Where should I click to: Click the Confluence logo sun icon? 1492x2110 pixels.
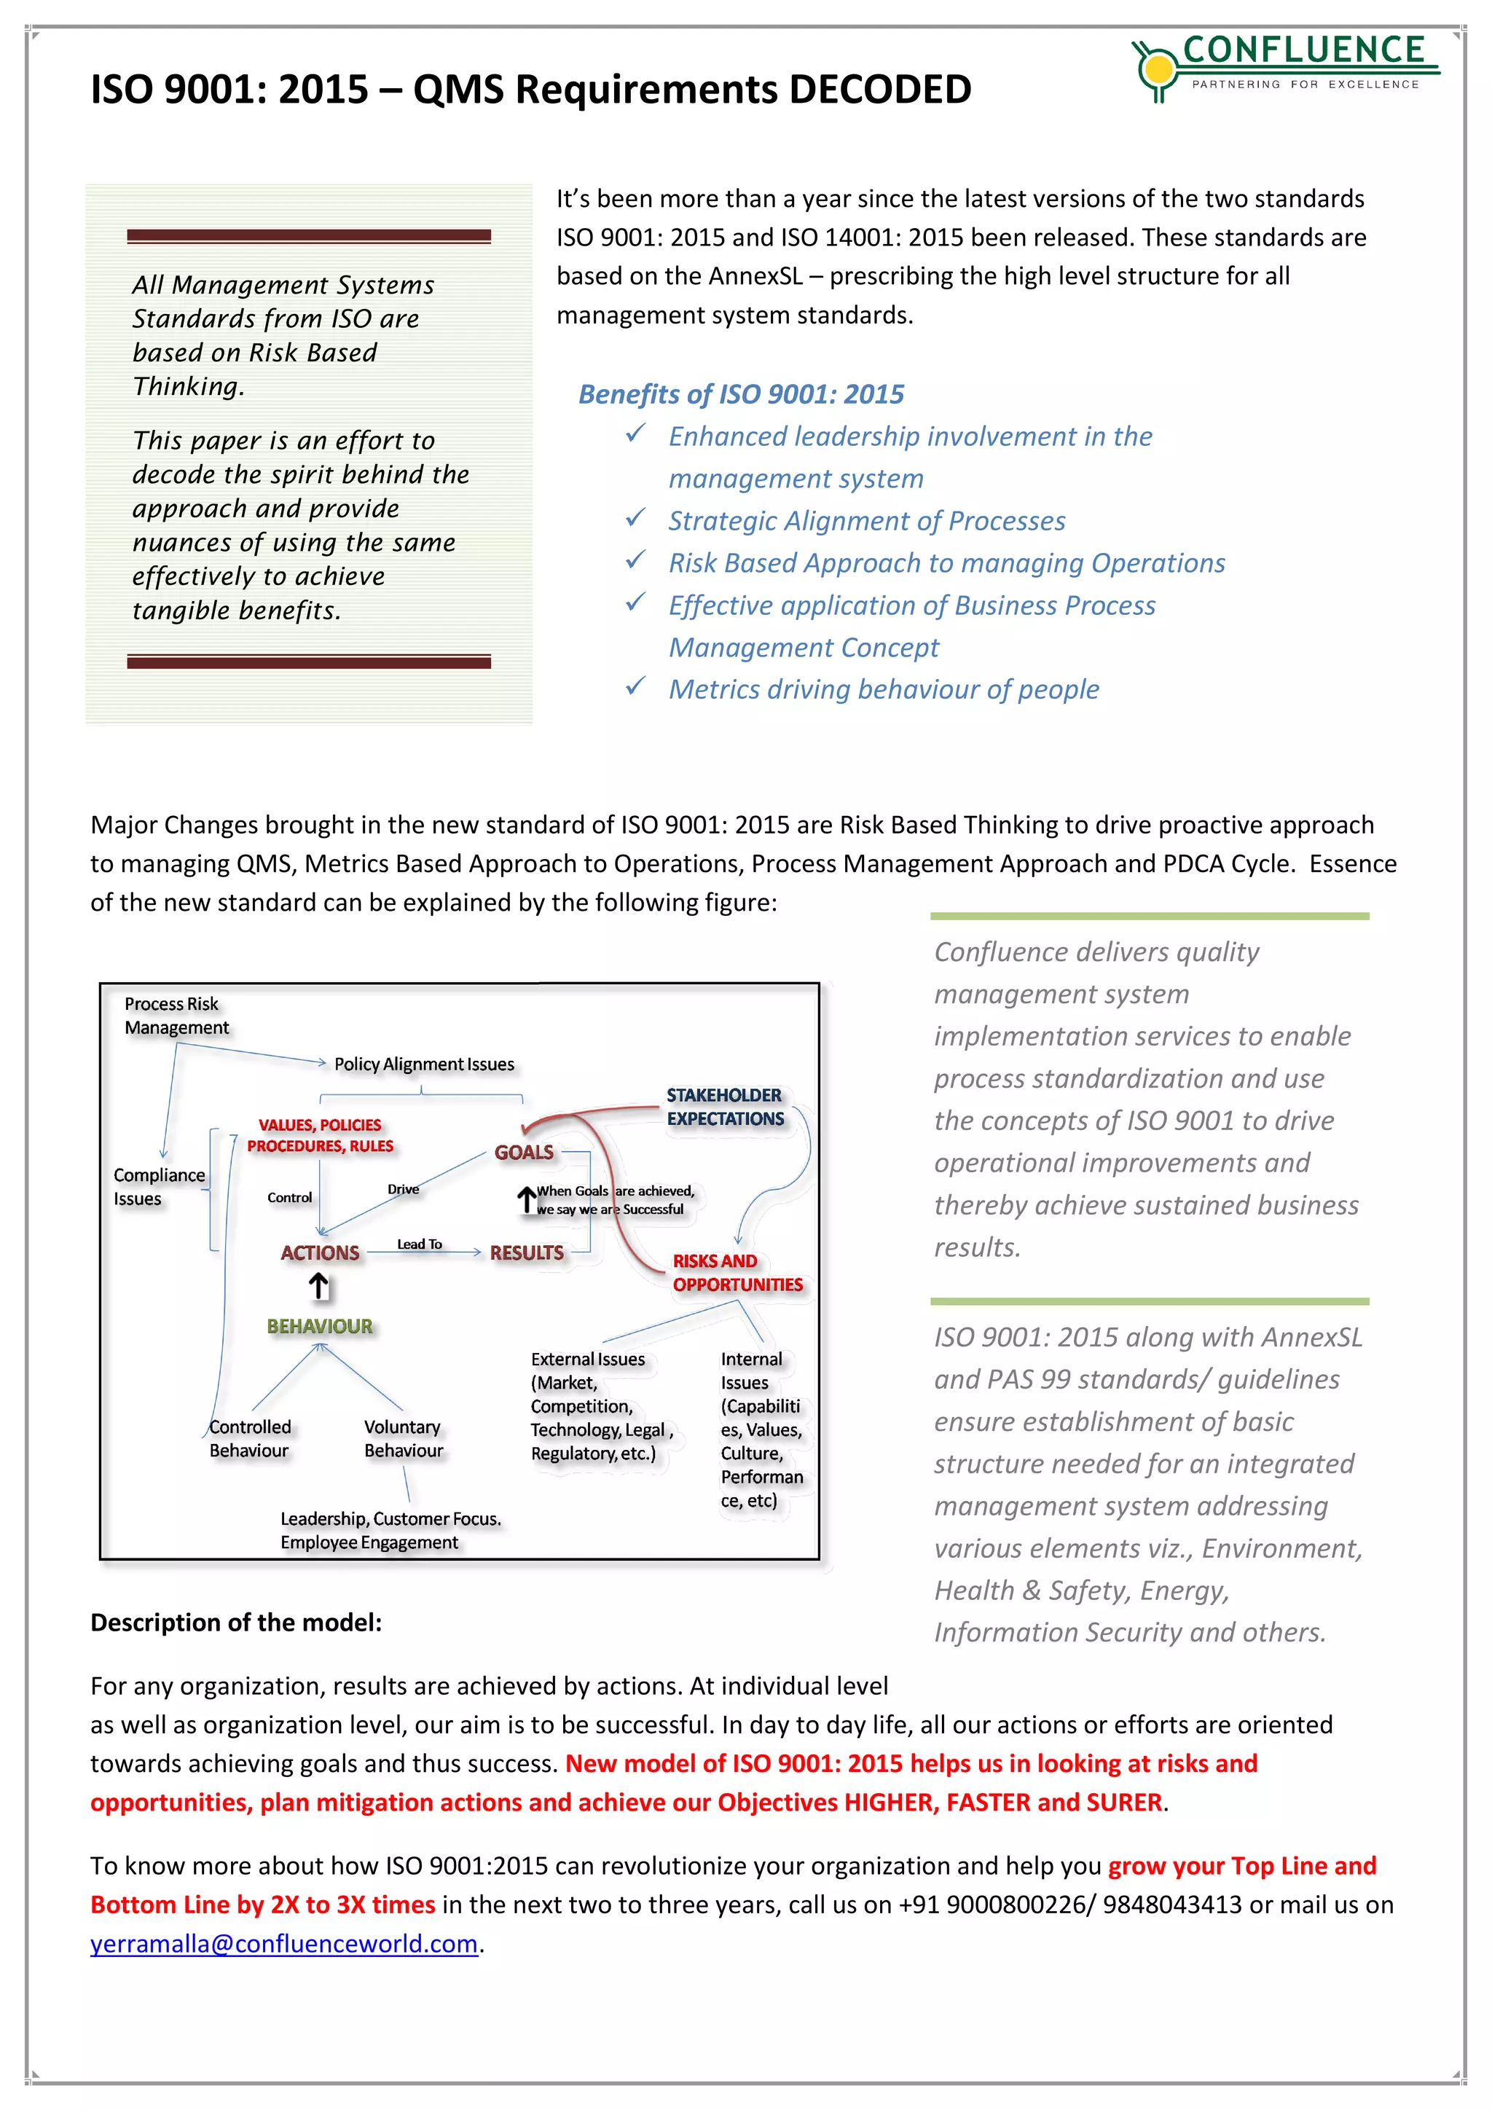[x=1158, y=67]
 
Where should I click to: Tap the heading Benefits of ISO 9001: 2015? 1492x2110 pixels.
[x=740, y=394]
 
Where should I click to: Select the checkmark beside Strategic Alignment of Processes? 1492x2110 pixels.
[x=635, y=518]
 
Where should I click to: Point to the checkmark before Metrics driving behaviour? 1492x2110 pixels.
[x=635, y=686]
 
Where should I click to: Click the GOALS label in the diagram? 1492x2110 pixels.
[x=524, y=1153]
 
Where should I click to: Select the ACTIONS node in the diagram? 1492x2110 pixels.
[x=320, y=1252]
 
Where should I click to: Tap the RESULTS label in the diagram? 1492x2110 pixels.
[x=527, y=1252]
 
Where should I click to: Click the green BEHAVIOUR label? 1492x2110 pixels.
[x=320, y=1326]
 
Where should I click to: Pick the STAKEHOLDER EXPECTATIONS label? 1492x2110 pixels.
[x=725, y=1107]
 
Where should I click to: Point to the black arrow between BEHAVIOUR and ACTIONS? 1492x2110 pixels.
[x=319, y=1287]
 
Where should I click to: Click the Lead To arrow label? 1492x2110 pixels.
[x=419, y=1244]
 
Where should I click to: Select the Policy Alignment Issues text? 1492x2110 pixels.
[x=423, y=1064]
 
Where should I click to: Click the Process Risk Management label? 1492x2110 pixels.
[x=176, y=1016]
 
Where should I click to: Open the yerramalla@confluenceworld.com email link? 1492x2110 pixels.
[x=284, y=1944]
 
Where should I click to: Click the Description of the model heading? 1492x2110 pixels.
[x=236, y=1623]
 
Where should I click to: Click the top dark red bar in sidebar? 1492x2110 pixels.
[x=309, y=236]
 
